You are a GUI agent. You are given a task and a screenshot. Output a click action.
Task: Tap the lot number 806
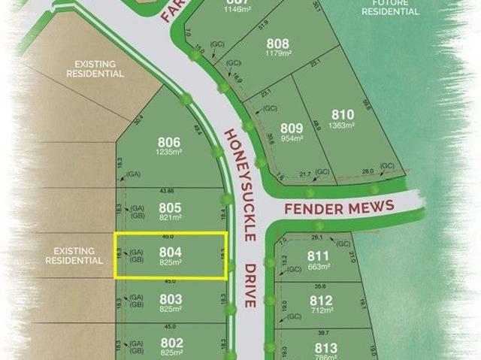pos(169,142)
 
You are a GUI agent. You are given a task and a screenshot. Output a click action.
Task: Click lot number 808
pos(277,44)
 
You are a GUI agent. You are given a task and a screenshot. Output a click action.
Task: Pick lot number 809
pos(291,129)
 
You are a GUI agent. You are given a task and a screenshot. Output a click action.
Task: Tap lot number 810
pos(342,115)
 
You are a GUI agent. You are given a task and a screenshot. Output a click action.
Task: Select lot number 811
pos(318,256)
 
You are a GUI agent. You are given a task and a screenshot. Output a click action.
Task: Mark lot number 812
pos(321,300)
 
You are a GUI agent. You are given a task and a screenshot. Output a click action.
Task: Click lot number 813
pos(325,347)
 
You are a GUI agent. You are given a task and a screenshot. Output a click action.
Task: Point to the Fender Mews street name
pos(339,207)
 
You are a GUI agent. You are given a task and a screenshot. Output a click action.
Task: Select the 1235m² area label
pos(169,152)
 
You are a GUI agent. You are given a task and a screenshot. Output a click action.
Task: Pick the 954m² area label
pos(291,138)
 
